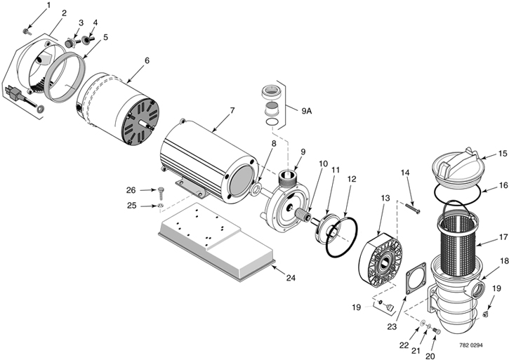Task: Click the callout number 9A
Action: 306,112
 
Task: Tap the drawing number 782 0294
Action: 470,345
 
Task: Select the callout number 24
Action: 291,278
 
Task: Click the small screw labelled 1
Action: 26,32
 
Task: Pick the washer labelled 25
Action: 160,206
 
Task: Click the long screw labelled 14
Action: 413,208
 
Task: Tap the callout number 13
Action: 385,199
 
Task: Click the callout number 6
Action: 147,61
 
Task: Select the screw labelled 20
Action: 437,331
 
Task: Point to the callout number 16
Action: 503,186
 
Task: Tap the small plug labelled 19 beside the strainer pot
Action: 486,314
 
